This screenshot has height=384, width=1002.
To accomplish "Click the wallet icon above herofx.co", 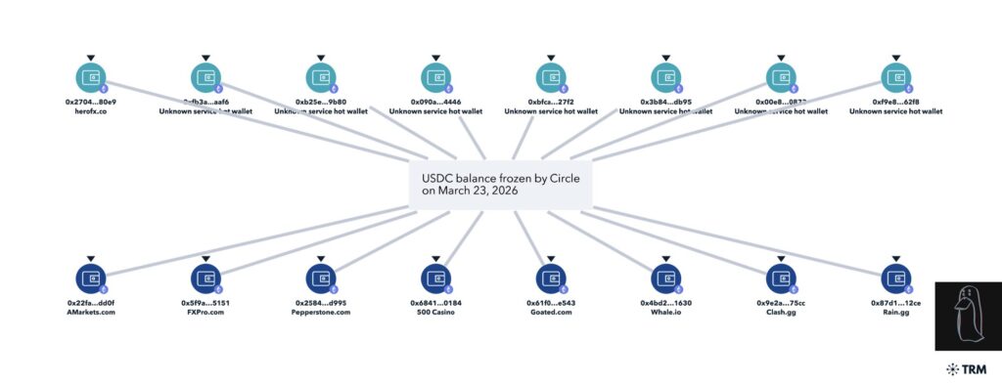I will tap(90, 76).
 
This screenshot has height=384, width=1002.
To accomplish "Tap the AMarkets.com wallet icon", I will tap(90, 277).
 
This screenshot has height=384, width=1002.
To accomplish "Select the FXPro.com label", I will tap(205, 314).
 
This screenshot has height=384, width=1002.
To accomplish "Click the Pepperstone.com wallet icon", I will tap(320, 277).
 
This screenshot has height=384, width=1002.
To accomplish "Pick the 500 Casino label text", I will tap(435, 314).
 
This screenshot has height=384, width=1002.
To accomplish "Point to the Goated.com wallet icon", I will tap(551, 277).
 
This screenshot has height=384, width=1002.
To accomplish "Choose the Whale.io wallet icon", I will tap(665, 277).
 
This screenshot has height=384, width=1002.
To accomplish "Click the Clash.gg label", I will tap(781, 314).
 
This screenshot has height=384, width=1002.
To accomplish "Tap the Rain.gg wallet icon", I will tap(895, 277).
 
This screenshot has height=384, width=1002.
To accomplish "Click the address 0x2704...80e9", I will tap(90, 102).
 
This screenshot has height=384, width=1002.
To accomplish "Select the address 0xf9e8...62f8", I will tap(895, 102).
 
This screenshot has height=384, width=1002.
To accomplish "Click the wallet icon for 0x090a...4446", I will tap(435, 76).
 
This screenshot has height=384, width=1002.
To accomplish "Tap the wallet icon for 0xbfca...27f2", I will tap(551, 76).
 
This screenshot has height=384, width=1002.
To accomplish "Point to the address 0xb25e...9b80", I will tap(320, 102).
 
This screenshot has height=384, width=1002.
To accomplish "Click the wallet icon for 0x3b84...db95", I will tap(665, 76).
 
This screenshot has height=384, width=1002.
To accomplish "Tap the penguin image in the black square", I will tap(968, 315).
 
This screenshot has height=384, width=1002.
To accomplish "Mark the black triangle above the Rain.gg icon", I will tap(895, 259).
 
